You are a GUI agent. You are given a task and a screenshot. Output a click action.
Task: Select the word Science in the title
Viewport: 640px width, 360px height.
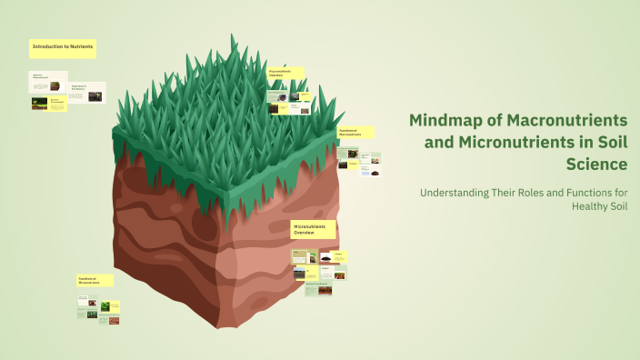[595, 165]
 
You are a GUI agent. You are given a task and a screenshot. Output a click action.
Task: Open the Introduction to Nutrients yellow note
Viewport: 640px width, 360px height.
[62, 46]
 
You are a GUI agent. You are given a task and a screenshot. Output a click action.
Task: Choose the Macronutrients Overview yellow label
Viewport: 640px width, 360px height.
[285, 73]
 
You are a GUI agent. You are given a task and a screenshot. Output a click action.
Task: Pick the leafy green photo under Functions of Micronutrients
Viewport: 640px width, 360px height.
[105, 307]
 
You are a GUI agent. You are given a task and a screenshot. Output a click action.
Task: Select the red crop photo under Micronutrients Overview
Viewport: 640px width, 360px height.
[339, 274]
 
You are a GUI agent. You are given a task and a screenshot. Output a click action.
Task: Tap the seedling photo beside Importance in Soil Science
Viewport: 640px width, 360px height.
[95, 96]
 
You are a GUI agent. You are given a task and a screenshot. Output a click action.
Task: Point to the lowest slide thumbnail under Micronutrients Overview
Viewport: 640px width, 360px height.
[318, 289]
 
